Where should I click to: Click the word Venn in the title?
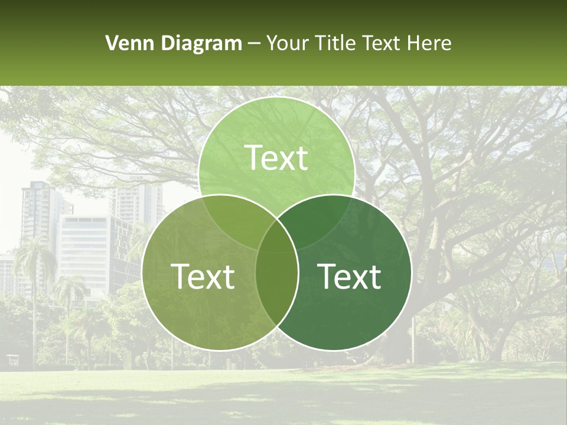[125, 43]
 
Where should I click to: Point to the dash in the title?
[254, 44]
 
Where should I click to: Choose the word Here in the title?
[431, 43]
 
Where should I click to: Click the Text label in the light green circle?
[276, 158]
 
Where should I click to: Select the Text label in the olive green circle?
[203, 276]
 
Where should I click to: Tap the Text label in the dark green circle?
[349, 276]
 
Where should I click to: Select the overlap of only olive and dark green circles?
[276, 289]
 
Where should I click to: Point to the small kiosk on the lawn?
[12, 359]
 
